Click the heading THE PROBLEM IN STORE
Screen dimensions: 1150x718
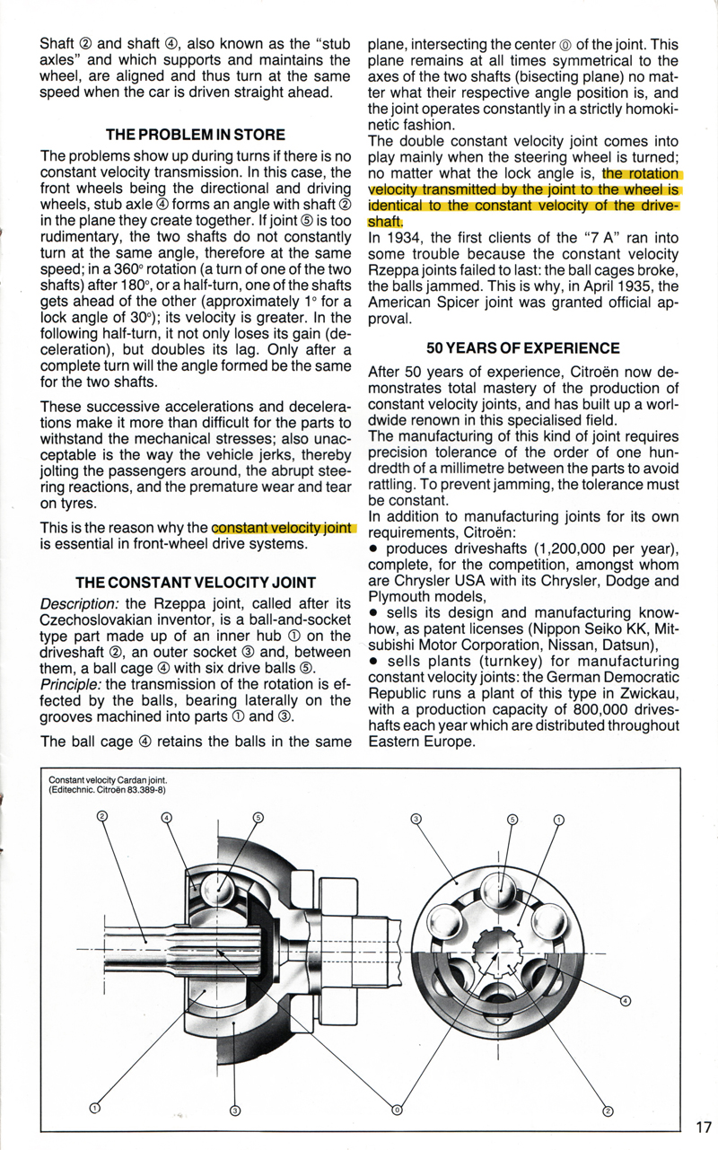[x=196, y=135]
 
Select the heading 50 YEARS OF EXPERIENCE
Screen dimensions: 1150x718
[x=523, y=348]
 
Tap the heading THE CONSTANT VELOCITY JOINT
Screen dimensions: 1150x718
[x=196, y=582]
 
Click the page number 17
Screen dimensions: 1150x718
[x=702, y=1126]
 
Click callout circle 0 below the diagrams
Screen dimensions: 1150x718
[x=397, y=1110]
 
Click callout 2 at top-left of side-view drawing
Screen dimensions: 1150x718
[x=101, y=815]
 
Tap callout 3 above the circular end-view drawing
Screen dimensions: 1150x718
[x=416, y=819]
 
